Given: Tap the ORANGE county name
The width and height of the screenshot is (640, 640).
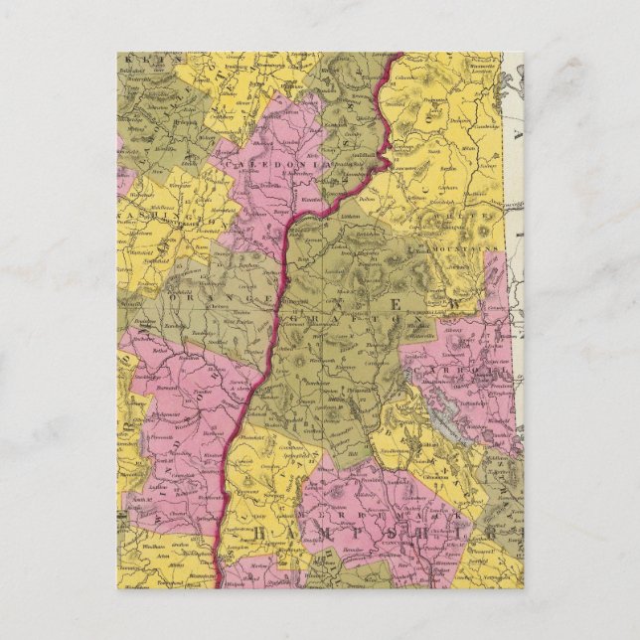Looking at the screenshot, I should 200,295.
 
